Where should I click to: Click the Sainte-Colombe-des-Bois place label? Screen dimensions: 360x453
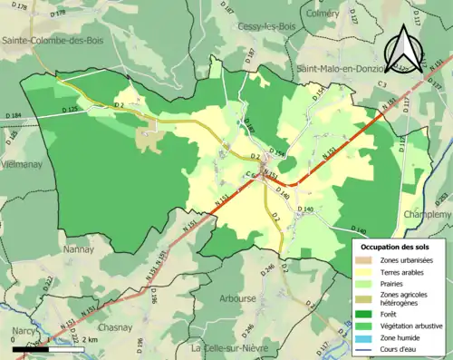click(x=51, y=40)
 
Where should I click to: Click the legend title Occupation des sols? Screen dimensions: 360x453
click(x=395, y=247)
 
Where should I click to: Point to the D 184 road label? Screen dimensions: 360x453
click(x=13, y=116)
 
